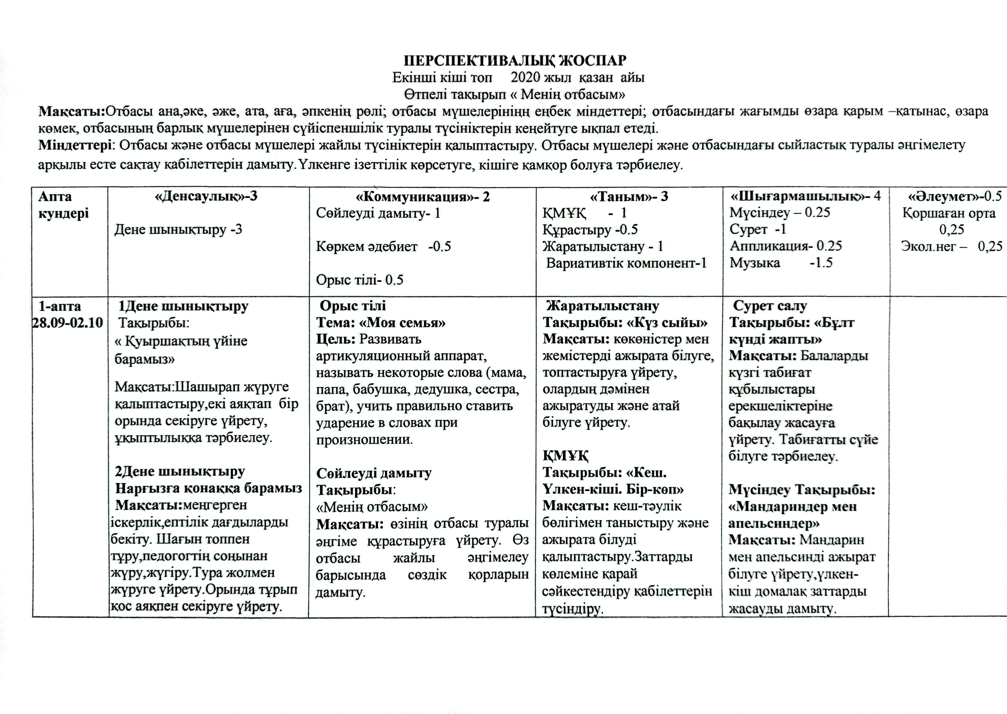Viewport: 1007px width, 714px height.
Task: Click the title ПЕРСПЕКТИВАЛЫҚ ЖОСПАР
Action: tap(515, 60)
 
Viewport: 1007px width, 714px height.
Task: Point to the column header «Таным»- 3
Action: tap(629, 197)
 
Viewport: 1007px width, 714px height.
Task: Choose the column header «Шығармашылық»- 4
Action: tap(805, 196)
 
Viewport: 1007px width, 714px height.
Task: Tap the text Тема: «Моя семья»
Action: tap(381, 323)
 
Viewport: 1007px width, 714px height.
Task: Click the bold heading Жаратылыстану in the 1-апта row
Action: tap(603, 306)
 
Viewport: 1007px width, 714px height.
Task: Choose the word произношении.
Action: tap(364, 439)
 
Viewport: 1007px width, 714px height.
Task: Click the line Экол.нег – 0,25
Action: tap(951, 246)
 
